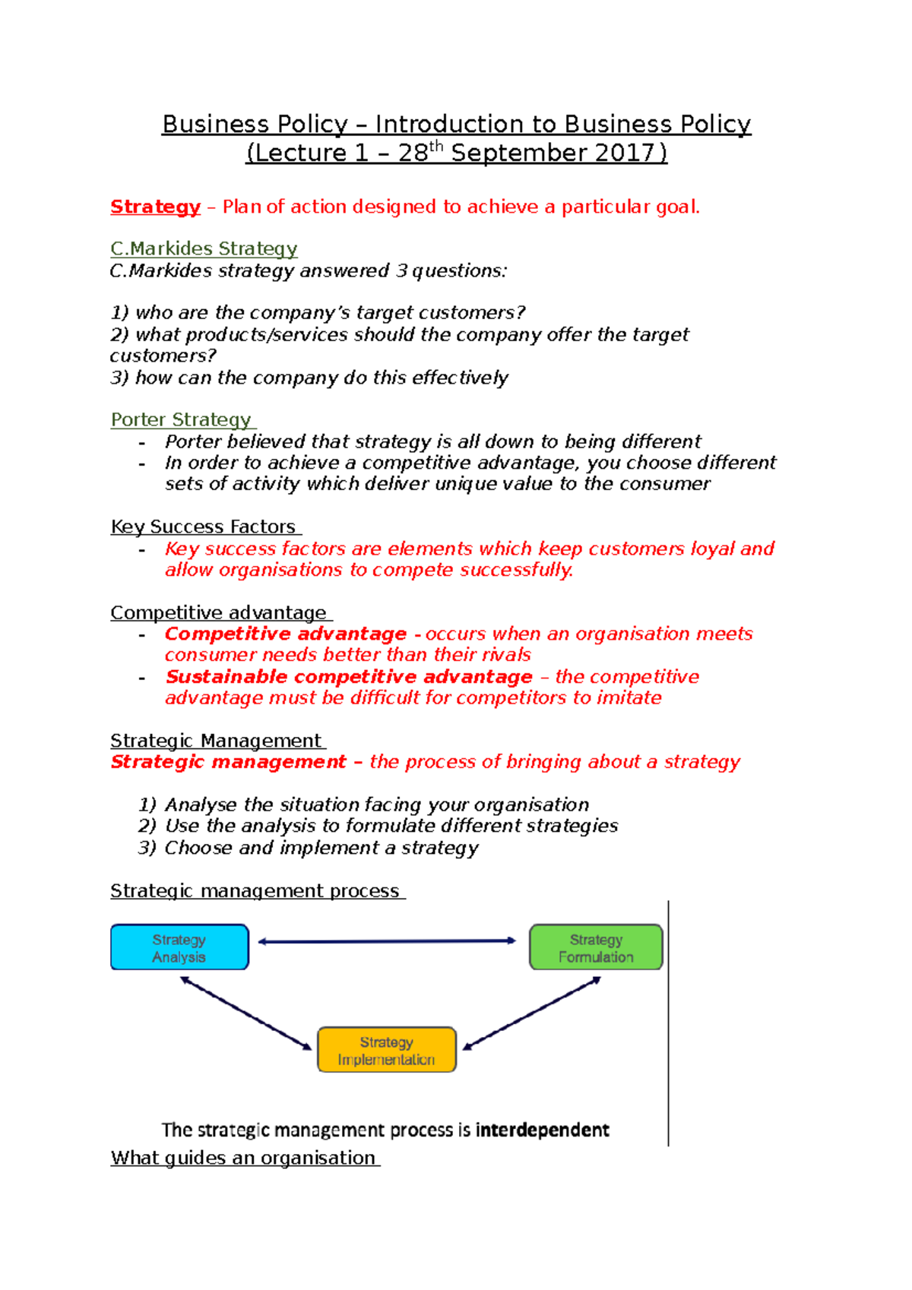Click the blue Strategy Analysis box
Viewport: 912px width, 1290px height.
[x=179, y=947]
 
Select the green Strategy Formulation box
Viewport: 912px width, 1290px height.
[x=596, y=947]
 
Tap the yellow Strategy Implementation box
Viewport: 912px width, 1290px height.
[x=386, y=1050]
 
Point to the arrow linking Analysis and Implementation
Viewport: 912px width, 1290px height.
[x=245, y=1013]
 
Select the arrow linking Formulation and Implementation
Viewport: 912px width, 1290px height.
[x=532, y=1013]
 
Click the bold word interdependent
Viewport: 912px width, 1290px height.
[x=542, y=1130]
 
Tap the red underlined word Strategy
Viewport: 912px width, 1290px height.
[x=155, y=207]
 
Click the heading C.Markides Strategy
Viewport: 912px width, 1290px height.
[x=204, y=248]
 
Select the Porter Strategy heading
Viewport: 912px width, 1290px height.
[x=181, y=419]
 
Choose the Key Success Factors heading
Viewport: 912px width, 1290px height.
[x=203, y=526]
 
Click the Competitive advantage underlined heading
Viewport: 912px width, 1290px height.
[x=218, y=612]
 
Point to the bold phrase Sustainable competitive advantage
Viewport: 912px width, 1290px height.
[x=349, y=677]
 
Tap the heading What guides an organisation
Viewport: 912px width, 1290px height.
[x=243, y=1158]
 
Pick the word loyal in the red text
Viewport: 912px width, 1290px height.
[x=712, y=549]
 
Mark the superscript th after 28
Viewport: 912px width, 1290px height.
[x=436, y=146]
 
